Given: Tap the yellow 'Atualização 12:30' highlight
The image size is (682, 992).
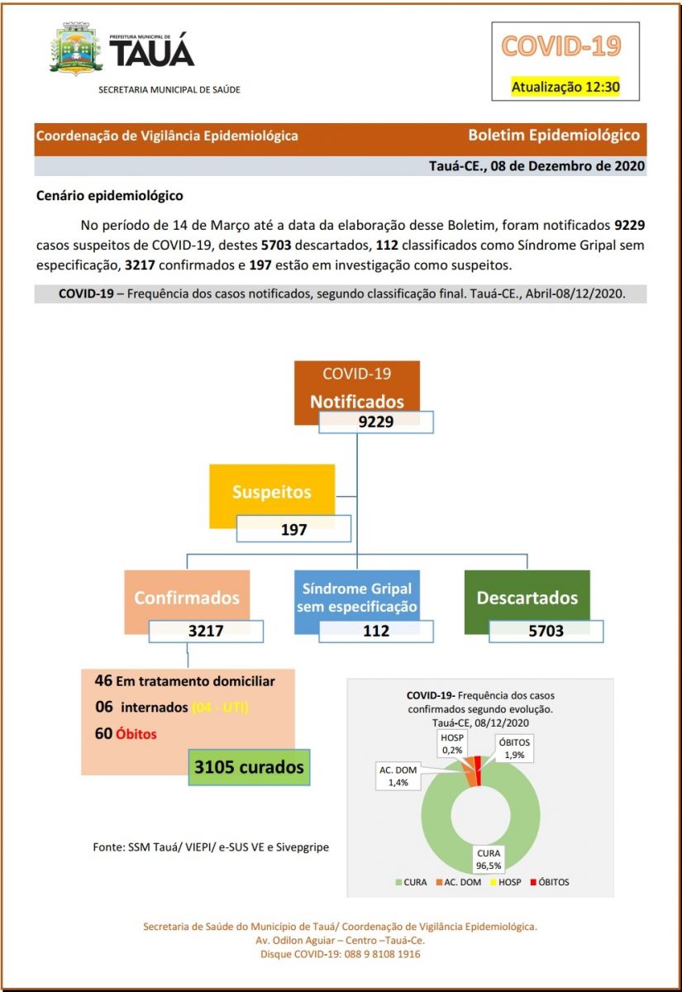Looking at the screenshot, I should tap(565, 87).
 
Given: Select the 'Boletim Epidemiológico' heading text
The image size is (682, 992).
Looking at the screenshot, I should tap(554, 135).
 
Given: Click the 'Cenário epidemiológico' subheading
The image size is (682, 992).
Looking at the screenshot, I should tap(110, 196).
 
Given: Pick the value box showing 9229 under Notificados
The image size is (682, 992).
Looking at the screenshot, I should tap(375, 421).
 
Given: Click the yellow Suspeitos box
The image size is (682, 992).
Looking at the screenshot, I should tap(272, 493).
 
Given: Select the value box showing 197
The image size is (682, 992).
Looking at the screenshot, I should tap(293, 529).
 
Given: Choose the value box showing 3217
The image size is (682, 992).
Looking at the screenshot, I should tap(207, 632).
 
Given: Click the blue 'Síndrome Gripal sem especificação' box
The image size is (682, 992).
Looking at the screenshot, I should tap(356, 598).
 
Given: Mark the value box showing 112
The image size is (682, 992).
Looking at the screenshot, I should tap(376, 632).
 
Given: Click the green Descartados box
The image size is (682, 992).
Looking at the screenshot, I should tap(527, 598).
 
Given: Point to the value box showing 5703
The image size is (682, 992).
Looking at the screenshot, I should tap(546, 632).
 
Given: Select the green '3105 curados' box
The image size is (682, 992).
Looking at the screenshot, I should tap(249, 767).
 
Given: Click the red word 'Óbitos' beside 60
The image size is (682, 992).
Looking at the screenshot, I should tap(136, 734).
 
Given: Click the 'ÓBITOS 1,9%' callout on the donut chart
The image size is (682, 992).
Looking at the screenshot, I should tap(513, 748).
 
